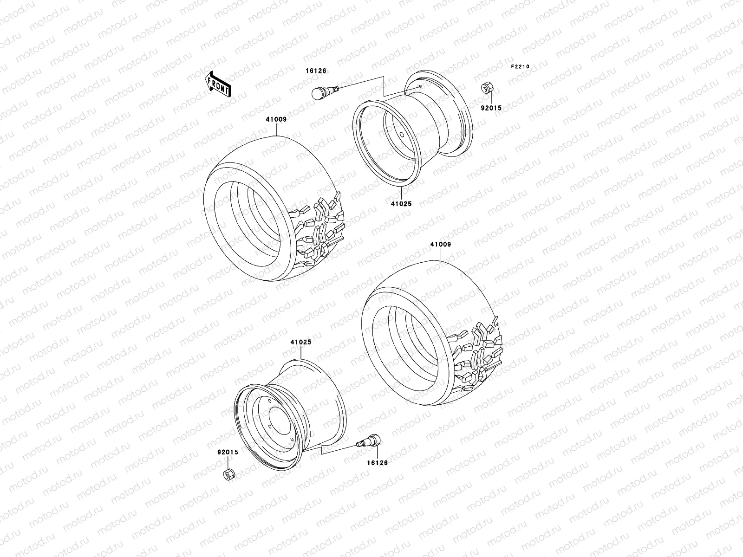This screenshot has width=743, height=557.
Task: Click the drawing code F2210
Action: click(x=520, y=66)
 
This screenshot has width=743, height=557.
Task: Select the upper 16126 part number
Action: click(x=316, y=71)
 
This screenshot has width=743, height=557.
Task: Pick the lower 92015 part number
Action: click(x=228, y=452)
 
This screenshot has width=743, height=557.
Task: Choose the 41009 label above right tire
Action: click(x=440, y=244)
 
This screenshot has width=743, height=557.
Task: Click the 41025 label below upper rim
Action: click(x=401, y=204)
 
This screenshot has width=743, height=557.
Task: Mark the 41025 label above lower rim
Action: click(x=301, y=342)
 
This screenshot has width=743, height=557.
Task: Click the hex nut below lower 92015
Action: click(x=229, y=474)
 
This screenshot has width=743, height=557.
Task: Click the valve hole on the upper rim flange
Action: click(x=419, y=86)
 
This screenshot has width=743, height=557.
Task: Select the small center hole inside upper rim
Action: click(x=401, y=135)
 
